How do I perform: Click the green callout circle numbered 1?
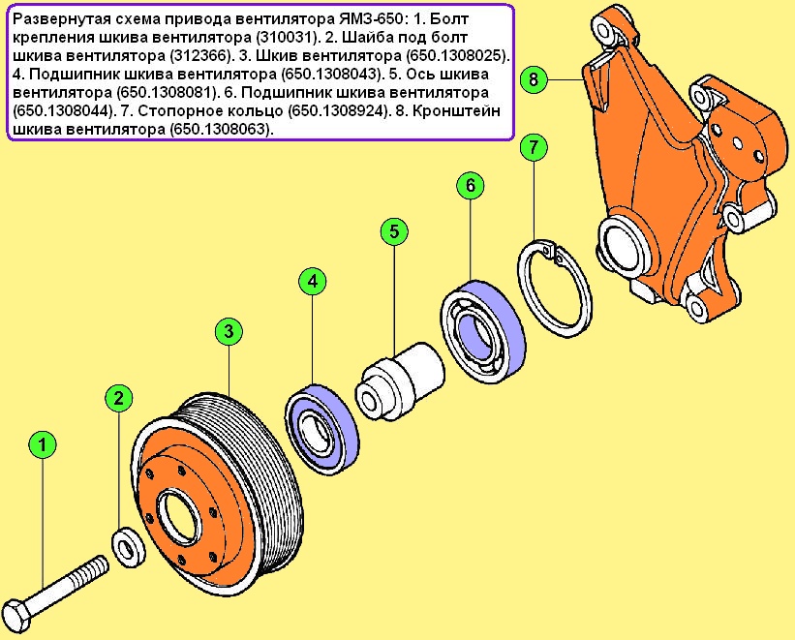click(42, 446)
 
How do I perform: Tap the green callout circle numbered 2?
click(117, 397)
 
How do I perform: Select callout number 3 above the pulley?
click(227, 332)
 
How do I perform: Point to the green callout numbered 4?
click(312, 282)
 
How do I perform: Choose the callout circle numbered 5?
click(393, 231)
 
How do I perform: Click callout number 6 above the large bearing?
click(470, 184)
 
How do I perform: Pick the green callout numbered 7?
click(534, 148)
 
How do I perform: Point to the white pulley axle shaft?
click(401, 381)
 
